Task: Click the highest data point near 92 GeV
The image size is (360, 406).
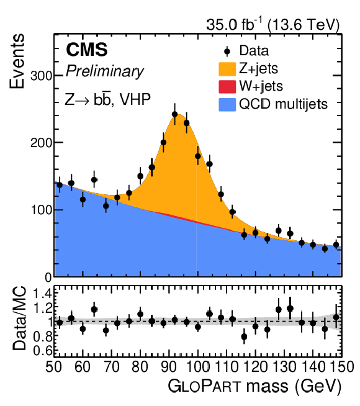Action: (x=174, y=114)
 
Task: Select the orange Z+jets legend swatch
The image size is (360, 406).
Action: (x=227, y=69)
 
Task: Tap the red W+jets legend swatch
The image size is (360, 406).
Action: (x=227, y=87)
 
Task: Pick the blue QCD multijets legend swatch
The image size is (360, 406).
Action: (x=227, y=105)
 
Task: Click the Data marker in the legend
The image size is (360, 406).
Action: (x=227, y=52)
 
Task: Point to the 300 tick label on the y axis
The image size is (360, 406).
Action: (x=41, y=76)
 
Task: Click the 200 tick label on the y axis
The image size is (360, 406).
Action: (x=41, y=143)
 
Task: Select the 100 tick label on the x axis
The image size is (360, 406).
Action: (x=197, y=367)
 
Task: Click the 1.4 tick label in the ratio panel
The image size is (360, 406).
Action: (x=42, y=294)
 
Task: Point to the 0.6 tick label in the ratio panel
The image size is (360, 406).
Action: (x=42, y=351)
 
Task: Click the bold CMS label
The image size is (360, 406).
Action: (x=87, y=50)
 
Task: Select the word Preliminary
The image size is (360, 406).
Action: (x=104, y=71)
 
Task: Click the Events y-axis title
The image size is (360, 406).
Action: (x=17, y=61)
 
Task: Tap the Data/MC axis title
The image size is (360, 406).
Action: (x=20, y=318)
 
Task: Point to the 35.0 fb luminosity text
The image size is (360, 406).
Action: (x=234, y=25)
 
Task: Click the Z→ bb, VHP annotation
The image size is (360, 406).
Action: (x=107, y=99)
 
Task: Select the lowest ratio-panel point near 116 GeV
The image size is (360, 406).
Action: (x=244, y=336)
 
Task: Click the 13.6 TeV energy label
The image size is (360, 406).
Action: (x=304, y=25)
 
